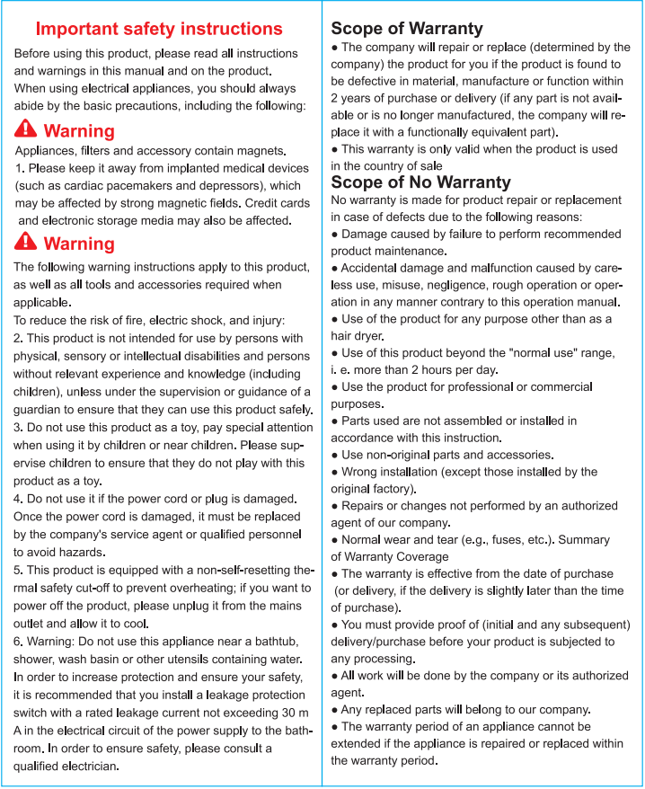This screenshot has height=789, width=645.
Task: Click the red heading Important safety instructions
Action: tap(159, 30)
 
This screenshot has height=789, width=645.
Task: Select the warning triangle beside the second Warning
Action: tap(26, 242)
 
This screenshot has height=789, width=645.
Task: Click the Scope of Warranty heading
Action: tap(407, 29)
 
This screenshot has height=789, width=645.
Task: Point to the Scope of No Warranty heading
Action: tap(420, 182)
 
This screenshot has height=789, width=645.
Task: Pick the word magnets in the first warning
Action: tap(259, 151)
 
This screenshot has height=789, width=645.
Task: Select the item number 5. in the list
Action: tap(19, 571)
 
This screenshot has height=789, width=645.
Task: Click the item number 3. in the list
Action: tap(19, 428)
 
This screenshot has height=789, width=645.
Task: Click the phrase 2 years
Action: tap(352, 97)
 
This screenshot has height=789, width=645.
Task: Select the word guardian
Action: tap(39, 410)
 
